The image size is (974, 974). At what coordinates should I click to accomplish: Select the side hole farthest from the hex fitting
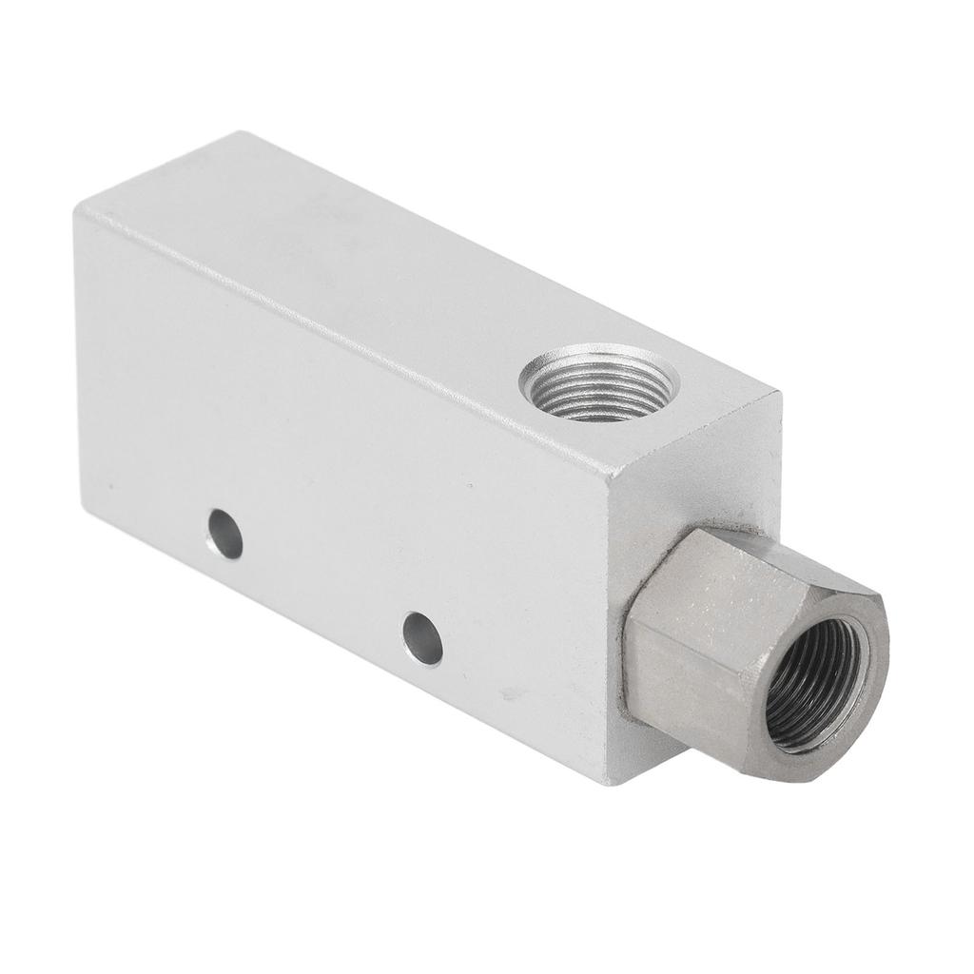pos(224,534)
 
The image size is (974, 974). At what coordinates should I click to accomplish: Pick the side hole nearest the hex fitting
pos(422,638)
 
